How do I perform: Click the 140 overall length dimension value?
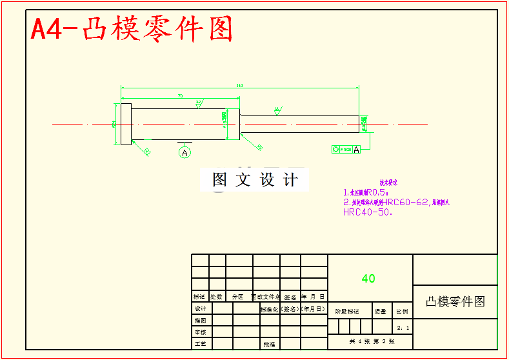click(239, 85)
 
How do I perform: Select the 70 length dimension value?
click(180, 95)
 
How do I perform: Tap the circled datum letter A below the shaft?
click(185, 153)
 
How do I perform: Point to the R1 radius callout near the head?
click(147, 152)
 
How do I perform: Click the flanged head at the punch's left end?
click(126, 124)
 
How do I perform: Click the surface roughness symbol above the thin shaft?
click(277, 110)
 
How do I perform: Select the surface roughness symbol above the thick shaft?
click(198, 103)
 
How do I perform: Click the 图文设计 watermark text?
click(255, 180)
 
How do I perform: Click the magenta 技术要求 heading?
click(388, 183)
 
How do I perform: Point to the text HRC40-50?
click(368, 212)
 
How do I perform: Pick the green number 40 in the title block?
click(368, 279)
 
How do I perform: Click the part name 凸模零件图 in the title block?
click(455, 301)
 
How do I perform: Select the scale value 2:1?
click(403, 327)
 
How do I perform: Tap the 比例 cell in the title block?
click(402, 311)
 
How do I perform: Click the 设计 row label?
click(200, 308)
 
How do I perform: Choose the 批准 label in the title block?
click(269, 345)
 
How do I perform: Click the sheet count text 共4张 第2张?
click(370, 341)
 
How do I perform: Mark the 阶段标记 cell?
click(347, 311)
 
